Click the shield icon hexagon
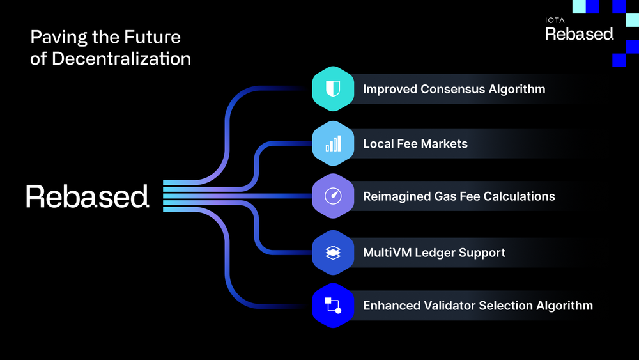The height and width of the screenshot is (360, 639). point(332,89)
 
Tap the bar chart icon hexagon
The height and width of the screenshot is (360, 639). point(332,143)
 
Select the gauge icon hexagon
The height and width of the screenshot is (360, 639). point(332,196)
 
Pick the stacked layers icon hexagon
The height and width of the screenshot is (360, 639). point(332,253)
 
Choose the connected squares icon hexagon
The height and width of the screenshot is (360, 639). point(332,306)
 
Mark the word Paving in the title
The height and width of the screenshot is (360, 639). point(51,37)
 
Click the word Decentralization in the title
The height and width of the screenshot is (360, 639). point(121,58)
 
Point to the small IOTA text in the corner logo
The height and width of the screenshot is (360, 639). point(555,20)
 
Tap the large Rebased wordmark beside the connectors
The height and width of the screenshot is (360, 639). point(88,196)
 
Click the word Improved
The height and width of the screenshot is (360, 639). point(390,89)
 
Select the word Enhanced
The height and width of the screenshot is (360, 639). point(390,306)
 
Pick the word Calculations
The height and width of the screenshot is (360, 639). point(518,196)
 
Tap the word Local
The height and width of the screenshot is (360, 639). point(377,143)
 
